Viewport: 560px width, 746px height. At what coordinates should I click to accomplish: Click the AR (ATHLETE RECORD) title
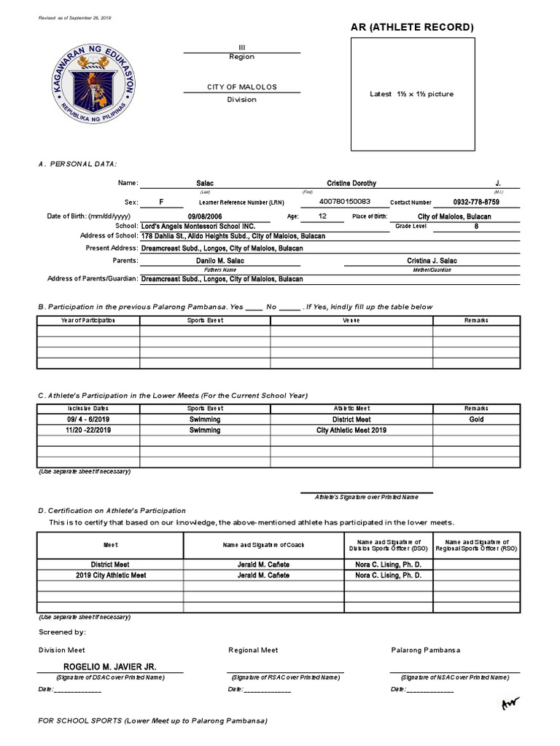pyautogui.click(x=413, y=28)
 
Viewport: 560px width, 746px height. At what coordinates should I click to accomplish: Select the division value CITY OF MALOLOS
pyautogui.click(x=241, y=87)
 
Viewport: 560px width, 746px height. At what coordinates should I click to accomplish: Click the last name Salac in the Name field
pyautogui.click(x=206, y=184)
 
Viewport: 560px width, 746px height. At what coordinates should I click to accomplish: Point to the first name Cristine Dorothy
pyautogui.click(x=352, y=184)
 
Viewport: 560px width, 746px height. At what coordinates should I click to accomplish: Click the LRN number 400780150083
pyautogui.click(x=345, y=202)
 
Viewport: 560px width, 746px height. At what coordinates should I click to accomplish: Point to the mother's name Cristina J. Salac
pyautogui.click(x=432, y=261)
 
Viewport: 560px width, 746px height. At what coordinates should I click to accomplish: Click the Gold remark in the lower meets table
pyautogui.click(x=476, y=420)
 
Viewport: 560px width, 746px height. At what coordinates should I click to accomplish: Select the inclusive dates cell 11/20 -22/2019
pyautogui.click(x=87, y=431)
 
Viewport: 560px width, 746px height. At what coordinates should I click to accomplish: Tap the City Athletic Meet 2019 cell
pyautogui.click(x=351, y=431)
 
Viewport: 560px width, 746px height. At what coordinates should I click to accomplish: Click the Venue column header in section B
pyautogui.click(x=351, y=320)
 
